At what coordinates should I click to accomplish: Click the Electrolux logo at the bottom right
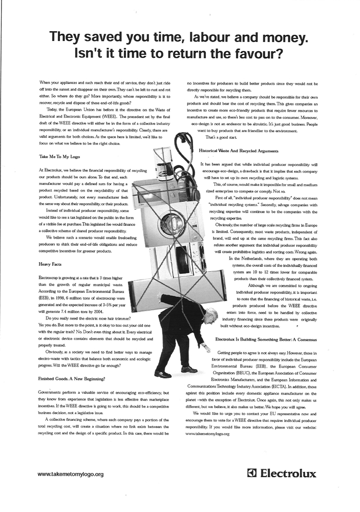point(282,473)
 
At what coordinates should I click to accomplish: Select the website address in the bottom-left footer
point(71,474)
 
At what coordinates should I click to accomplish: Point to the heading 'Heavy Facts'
point(50,264)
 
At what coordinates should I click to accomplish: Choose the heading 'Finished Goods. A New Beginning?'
point(72,378)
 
